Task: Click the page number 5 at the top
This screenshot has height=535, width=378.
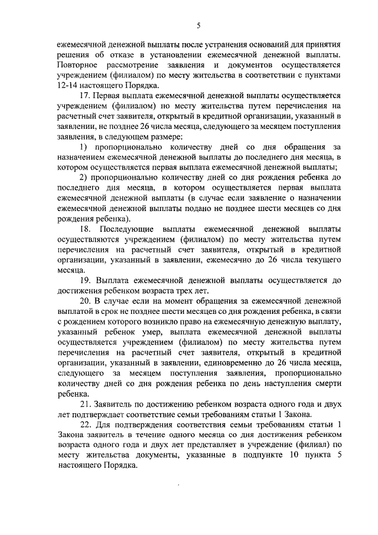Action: point(198,25)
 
